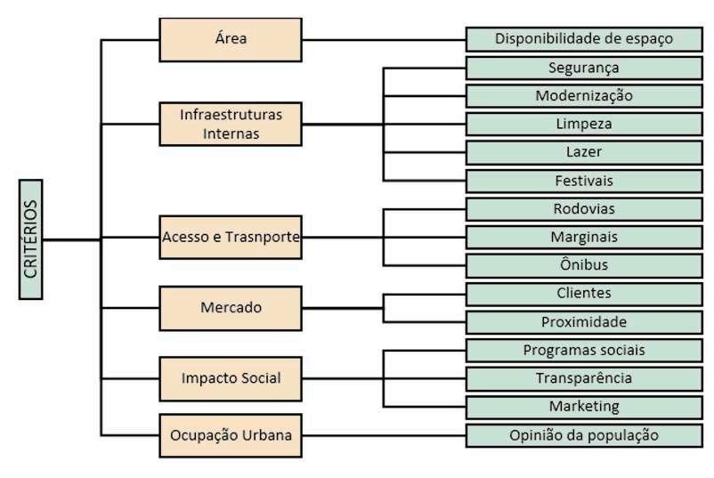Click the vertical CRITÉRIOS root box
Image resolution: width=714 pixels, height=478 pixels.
[x=31, y=239]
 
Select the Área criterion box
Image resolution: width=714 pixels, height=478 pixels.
[x=231, y=39]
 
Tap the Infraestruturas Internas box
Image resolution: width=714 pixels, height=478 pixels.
[x=231, y=124]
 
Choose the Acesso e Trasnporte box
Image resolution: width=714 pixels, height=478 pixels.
[x=231, y=238]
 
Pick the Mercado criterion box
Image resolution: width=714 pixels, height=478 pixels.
[x=231, y=308]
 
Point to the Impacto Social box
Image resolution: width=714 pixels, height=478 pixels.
[x=231, y=378]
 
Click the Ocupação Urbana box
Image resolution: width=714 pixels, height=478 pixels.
[x=231, y=435]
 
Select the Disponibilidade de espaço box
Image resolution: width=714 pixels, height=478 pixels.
[x=584, y=39]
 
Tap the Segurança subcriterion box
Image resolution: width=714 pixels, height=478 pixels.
[x=584, y=68]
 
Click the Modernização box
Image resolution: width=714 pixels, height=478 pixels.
[x=584, y=96]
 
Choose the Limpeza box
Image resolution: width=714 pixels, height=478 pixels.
[x=584, y=124]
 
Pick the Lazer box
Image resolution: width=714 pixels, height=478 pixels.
[x=584, y=152]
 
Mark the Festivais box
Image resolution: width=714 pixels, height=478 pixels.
[x=584, y=181]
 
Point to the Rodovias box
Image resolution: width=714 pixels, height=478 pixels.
[x=584, y=209]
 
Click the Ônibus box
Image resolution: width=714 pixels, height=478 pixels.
[x=584, y=265]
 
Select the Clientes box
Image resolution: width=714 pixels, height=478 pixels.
[x=584, y=294]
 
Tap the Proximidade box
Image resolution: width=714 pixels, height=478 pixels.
[x=584, y=322]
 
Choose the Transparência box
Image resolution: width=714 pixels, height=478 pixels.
[x=584, y=378]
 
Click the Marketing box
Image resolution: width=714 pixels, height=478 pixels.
[x=584, y=407]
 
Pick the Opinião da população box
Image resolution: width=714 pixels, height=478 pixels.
[x=584, y=435]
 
